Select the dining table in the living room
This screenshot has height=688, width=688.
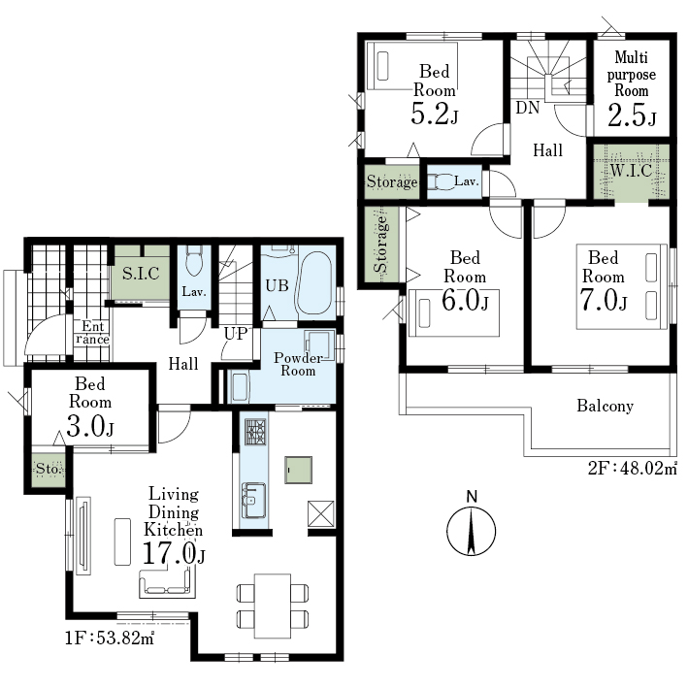click(273, 606)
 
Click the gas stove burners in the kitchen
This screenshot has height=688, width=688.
click(255, 432)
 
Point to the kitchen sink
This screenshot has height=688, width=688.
click(254, 500)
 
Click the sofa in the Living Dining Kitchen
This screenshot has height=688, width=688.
click(167, 583)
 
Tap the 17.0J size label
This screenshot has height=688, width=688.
click(174, 553)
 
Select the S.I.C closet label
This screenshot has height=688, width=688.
click(141, 274)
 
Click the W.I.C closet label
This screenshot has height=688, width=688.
click(631, 170)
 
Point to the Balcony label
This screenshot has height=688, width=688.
click(606, 406)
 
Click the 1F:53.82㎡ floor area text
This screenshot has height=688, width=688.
click(110, 638)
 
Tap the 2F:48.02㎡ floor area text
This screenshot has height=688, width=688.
click(633, 468)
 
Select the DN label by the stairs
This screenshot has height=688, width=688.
click(528, 108)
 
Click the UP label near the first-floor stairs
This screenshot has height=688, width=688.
click(236, 334)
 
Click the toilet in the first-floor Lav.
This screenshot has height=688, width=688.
click(193, 262)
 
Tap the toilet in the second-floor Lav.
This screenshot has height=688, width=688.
click(442, 181)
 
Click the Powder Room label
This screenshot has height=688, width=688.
click(298, 364)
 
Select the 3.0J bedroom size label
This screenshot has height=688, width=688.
click(90, 426)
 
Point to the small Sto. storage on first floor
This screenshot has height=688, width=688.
click(49, 469)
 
